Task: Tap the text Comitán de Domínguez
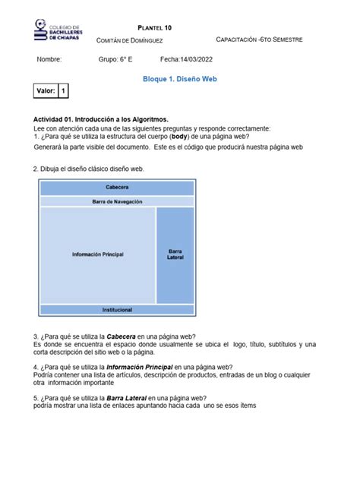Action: point(136,39)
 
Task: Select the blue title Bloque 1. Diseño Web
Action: point(181,79)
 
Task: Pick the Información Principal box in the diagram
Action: point(98,254)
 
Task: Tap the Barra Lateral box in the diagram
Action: point(175,254)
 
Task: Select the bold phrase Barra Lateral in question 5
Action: point(126,398)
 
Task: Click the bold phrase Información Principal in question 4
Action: point(135,367)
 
